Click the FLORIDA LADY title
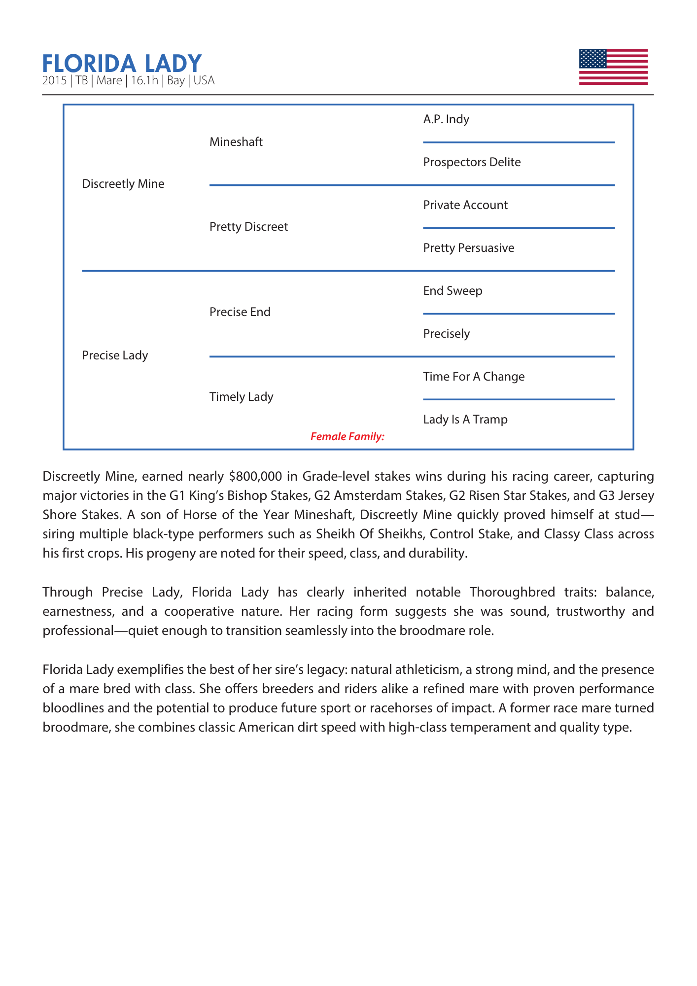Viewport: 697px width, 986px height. pyautogui.click(x=122, y=64)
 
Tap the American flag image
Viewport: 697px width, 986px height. pyautogui.click(x=613, y=67)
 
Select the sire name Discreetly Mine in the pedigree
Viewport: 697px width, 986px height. pyautogui.click(x=123, y=184)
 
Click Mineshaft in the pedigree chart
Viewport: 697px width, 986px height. pyautogui.click(x=236, y=142)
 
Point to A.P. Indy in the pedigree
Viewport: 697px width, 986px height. pyautogui.click(x=446, y=119)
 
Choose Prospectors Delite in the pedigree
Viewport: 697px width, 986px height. pyautogui.click(x=471, y=162)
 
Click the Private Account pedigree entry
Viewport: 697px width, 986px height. pyautogui.click(x=465, y=205)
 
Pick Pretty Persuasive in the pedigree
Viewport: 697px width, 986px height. pyautogui.click(x=468, y=248)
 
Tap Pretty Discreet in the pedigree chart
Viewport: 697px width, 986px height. pyautogui.click(x=248, y=227)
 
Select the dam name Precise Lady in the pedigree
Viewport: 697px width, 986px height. pyautogui.click(x=115, y=355)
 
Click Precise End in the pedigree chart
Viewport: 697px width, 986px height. pyautogui.click(x=240, y=312)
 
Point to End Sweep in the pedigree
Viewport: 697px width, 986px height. pyautogui.click(x=453, y=291)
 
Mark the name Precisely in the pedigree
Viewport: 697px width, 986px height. pyautogui.click(x=446, y=334)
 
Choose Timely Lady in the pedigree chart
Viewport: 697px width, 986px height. pyautogui.click(x=241, y=397)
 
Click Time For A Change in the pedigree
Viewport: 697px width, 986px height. pyautogui.click(x=473, y=377)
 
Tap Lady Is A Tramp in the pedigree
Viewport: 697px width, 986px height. pyautogui.click(x=465, y=420)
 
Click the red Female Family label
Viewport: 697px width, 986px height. pyautogui.click(x=347, y=437)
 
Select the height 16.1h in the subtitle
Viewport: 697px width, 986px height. pyautogui.click(x=144, y=81)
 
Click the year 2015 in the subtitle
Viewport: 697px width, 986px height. pyautogui.click(x=54, y=81)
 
